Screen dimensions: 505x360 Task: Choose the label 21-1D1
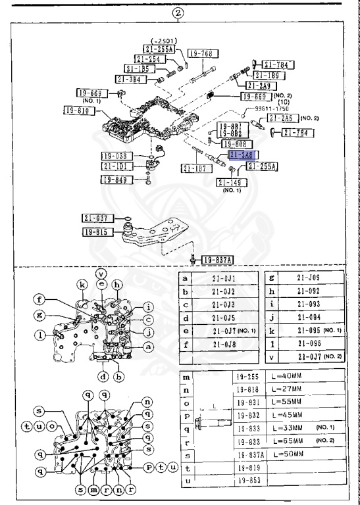[118, 166]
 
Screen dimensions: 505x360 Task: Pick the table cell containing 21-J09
[308, 279]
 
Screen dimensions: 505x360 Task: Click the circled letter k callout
[82, 285]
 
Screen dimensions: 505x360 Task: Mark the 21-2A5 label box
[281, 118]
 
